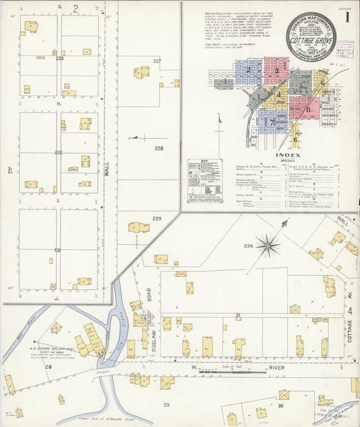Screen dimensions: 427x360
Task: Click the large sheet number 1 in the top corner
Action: tap(347, 18)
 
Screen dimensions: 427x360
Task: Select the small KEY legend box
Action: tap(205, 181)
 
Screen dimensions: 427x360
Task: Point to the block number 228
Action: tap(159, 148)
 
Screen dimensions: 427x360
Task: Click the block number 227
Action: tap(157, 61)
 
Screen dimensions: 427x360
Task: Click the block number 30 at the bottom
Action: tap(280, 405)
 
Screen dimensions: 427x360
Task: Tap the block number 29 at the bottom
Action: tap(166, 404)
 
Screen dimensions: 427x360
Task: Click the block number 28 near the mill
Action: tap(48, 367)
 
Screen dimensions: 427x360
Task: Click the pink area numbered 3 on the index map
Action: tap(276, 70)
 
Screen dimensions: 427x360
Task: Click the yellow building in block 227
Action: tap(141, 72)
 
